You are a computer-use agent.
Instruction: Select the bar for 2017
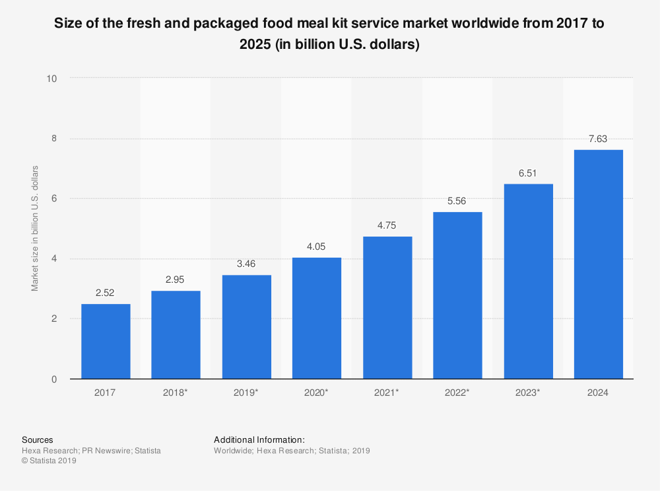pos(106,341)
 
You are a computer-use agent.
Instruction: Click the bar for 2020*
pos(317,318)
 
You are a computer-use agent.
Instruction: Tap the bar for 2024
pos(599,264)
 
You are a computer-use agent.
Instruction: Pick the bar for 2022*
pos(457,295)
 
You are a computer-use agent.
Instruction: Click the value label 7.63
pos(598,139)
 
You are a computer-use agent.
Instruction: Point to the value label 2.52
pos(106,293)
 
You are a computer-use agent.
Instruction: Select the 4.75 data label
pos(387,225)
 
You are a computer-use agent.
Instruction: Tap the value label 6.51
pos(528,172)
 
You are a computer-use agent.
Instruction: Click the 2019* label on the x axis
pos(246,393)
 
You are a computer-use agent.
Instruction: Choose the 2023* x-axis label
pos(528,393)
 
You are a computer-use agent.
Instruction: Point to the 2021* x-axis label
pos(387,393)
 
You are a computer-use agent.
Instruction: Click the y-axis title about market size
pos(35,229)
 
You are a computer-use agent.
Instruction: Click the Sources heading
pos(38,439)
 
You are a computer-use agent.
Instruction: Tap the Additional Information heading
pos(259,439)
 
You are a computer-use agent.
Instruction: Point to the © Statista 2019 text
pos(49,461)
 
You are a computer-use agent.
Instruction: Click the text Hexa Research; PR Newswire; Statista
pos(91,451)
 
